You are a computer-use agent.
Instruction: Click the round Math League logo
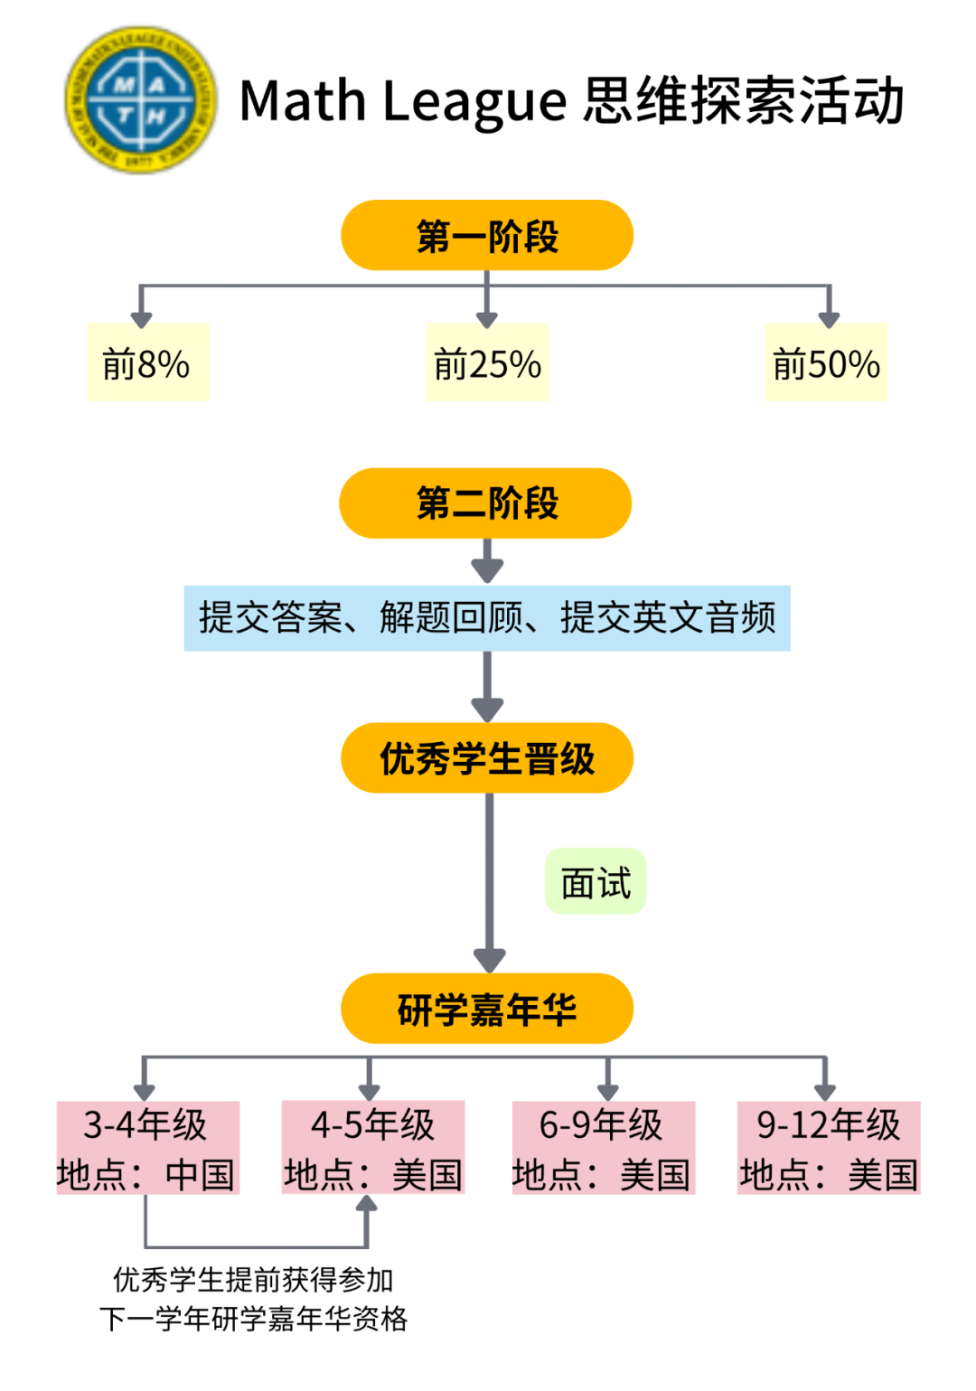tap(141, 99)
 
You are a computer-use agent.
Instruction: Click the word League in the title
tap(474, 101)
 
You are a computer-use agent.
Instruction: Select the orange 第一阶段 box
tap(487, 236)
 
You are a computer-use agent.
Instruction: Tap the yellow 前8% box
tap(147, 363)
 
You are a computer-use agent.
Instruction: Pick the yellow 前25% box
tap(487, 363)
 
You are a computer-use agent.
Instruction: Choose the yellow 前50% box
tap(826, 363)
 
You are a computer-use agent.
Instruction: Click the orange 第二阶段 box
tap(486, 503)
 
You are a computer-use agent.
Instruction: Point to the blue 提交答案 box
tap(487, 618)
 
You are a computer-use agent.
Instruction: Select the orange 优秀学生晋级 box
tap(487, 758)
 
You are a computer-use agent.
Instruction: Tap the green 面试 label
tap(596, 882)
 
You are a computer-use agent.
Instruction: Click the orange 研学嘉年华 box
tap(487, 1009)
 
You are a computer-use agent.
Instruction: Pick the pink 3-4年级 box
tap(147, 1148)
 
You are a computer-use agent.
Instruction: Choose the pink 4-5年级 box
tap(372, 1148)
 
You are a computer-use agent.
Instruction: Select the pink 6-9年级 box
tap(603, 1148)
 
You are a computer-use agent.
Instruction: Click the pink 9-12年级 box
tap(829, 1148)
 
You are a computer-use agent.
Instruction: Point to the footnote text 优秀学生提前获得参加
tap(253, 1279)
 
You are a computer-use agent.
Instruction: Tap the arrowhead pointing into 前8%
tap(141, 317)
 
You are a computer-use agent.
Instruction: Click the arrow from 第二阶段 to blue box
tap(487, 563)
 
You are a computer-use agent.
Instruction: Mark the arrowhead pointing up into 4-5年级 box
tap(366, 1205)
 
